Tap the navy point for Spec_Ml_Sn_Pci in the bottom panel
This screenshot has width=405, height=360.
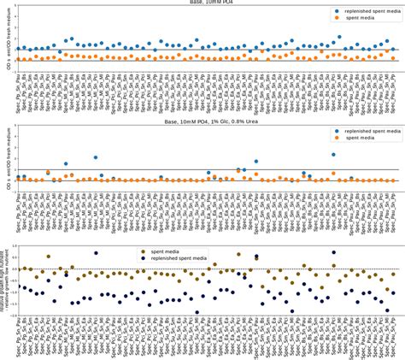pyautogui.click(x=96, y=253)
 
